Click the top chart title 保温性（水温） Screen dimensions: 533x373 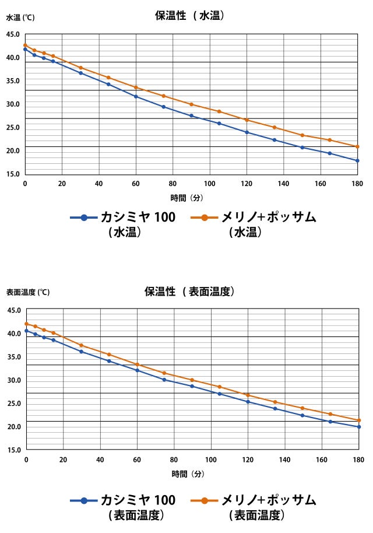[x=189, y=16]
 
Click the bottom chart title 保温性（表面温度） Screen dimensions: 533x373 [x=189, y=291]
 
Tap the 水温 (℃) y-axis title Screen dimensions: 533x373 [x=20, y=17]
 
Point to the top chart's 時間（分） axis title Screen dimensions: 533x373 [x=186, y=198]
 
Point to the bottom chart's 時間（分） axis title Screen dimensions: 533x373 [x=188, y=474]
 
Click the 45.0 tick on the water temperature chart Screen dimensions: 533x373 [x=13, y=34]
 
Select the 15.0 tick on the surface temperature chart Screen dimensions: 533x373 [x=14, y=450]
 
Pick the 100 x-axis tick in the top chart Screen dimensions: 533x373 [x=210, y=183]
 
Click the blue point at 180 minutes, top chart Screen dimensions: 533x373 [x=357, y=160]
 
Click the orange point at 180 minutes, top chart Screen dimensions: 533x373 [x=357, y=146]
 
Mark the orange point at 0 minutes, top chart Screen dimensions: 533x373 [x=25, y=45]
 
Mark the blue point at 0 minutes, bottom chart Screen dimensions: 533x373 [x=26, y=331]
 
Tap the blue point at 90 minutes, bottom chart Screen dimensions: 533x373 [x=192, y=386]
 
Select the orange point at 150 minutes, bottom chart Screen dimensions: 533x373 [x=302, y=408]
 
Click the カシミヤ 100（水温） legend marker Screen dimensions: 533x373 [x=84, y=218]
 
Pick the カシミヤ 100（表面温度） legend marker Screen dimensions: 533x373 [x=84, y=500]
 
